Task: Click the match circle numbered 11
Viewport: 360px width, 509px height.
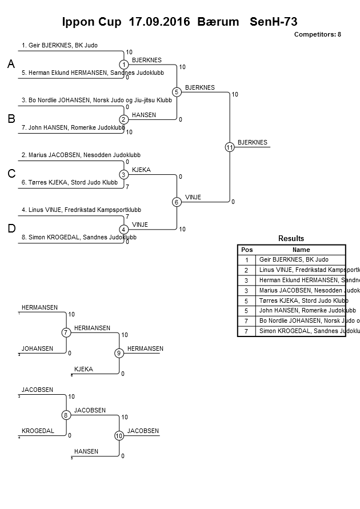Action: tap(229, 147)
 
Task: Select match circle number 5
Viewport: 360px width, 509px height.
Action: tap(177, 92)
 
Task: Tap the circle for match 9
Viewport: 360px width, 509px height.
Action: tap(119, 353)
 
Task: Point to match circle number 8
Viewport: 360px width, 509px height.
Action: tap(66, 415)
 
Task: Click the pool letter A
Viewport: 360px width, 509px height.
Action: tap(11, 65)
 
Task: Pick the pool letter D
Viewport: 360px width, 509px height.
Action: tap(11, 229)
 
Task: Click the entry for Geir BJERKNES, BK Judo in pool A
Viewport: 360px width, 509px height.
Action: tap(59, 45)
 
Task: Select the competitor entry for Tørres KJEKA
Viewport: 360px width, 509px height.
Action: tap(70, 183)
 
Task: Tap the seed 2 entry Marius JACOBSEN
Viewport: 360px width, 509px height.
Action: tap(81, 155)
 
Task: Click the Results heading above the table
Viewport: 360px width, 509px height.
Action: tap(291, 238)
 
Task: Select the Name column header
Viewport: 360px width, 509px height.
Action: tap(301, 250)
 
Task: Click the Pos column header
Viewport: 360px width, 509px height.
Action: tap(247, 250)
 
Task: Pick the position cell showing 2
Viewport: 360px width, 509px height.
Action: tap(247, 270)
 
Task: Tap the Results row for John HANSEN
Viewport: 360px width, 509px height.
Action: tap(299, 311)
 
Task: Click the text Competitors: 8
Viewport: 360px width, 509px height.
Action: tap(317, 34)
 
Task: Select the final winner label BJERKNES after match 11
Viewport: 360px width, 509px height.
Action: tap(252, 142)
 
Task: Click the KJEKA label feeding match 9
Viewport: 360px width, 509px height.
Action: tap(83, 369)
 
